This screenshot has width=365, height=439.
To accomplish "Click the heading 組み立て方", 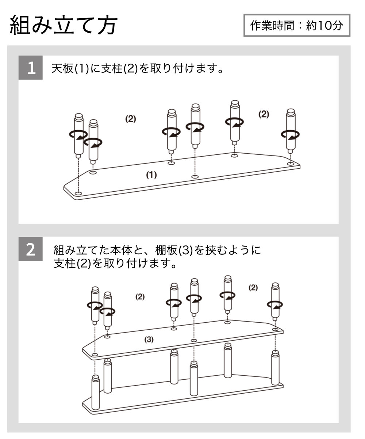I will pyautogui.click(x=63, y=26).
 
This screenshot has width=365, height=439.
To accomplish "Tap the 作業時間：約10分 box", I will pyautogui.click(x=296, y=25).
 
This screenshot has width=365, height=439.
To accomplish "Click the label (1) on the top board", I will pyautogui.click(x=151, y=175).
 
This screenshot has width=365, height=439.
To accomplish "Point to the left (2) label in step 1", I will pyautogui.click(x=130, y=119).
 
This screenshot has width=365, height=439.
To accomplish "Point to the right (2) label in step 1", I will pyautogui.click(x=263, y=114).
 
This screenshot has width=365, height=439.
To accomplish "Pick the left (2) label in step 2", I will pyautogui.click(x=140, y=297).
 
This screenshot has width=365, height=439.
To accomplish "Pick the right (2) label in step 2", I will pyautogui.click(x=253, y=287).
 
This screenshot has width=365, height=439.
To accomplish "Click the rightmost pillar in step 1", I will pyautogui.click(x=290, y=130).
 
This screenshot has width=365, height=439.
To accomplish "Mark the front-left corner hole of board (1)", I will pyautogui.click(x=78, y=193).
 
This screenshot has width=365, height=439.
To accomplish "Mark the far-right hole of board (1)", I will pyautogui.click(x=290, y=164).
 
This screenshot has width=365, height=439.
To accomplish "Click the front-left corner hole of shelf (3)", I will pyautogui.click(x=95, y=355).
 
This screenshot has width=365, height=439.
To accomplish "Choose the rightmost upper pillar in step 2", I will pyautogui.click(x=276, y=300).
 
